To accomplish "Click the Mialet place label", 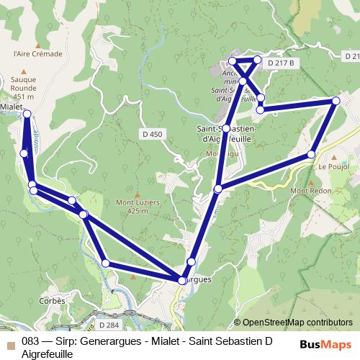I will click(x=11, y=105).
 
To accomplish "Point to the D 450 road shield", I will click(x=153, y=134).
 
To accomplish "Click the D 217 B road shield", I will click(x=282, y=63).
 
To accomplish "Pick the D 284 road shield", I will click(x=109, y=305).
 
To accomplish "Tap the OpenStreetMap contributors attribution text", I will click(x=298, y=323).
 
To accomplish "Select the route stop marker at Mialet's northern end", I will click(x=27, y=114).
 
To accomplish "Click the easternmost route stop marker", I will click(x=336, y=102).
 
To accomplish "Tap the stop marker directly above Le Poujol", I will click(x=312, y=154).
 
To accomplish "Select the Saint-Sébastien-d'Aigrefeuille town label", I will click(x=225, y=135).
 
